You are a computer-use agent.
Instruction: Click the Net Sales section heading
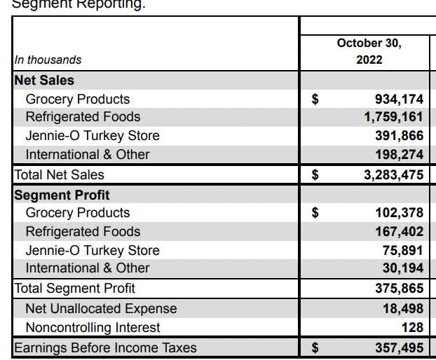44,80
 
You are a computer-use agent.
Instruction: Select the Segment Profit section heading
62,194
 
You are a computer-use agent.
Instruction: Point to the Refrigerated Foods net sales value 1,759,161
393,117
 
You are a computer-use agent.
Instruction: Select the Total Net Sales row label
59,174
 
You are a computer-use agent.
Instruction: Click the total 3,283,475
393,174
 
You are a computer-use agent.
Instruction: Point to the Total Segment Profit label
74,288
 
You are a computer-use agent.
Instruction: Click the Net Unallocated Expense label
101,308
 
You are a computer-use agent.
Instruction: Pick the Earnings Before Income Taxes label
105,347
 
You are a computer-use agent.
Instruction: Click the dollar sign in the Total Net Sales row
315,174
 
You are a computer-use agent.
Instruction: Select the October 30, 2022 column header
369,51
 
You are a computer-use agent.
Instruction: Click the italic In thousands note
48,60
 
